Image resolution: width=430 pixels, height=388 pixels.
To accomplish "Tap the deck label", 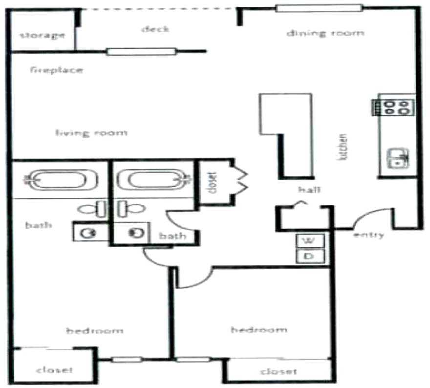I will tap(155, 29).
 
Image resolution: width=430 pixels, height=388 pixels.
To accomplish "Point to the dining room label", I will tap(324, 33).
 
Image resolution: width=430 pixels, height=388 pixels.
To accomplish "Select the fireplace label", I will tap(56, 69).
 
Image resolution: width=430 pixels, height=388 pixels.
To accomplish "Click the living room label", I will tap(91, 132).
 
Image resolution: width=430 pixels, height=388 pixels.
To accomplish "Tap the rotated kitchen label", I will tap(344, 148).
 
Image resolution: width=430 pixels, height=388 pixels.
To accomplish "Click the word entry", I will tap(368, 235).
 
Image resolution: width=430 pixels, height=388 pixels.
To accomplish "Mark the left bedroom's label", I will tap(95, 331).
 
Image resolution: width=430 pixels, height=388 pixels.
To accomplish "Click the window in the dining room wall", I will tap(319, 7).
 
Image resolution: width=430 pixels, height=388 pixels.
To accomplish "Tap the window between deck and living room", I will tap(141, 51).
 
